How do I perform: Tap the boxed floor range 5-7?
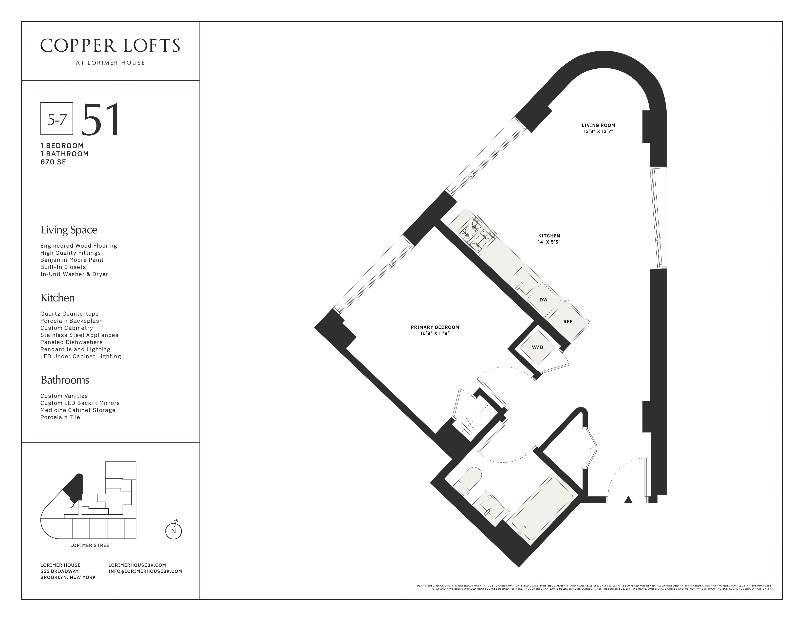57,119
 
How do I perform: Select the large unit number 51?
100,120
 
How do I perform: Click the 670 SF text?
53,162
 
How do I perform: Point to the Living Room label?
598,125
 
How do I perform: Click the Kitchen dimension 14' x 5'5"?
549,242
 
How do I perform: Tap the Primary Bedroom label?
435,327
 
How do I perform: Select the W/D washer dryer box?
537,347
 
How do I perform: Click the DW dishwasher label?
543,300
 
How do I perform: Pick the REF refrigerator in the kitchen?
568,321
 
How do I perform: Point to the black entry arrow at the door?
628,499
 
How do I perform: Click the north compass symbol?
173,530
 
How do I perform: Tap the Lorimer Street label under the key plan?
91,545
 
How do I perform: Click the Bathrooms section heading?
65,380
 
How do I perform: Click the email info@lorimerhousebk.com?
145,571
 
